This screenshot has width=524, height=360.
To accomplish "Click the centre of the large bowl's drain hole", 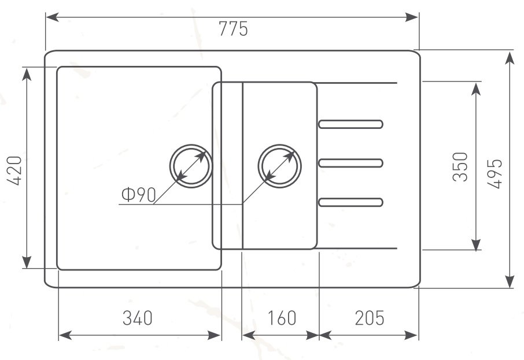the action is coord(191,166).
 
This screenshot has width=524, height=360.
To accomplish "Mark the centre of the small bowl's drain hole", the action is coord(280,166).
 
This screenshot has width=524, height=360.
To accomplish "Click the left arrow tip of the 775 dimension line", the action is coord(46,17).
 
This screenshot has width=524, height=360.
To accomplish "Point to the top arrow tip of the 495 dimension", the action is coord(510,53).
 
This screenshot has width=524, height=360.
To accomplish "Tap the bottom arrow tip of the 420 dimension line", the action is coord(27,268).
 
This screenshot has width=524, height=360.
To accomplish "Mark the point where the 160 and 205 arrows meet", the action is coord(319,335).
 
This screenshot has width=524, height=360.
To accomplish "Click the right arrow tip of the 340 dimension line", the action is coord(222,335).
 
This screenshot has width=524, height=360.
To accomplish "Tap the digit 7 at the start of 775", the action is coord(223,28).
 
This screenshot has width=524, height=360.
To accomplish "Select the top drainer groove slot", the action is coord(350,124).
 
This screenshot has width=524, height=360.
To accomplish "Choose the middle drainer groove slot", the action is coord(350,164).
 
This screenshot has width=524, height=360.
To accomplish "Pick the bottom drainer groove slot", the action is coord(350,202).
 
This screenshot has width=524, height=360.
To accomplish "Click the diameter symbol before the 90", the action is coord(128,195).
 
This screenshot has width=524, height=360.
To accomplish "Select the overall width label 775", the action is coord(233,28).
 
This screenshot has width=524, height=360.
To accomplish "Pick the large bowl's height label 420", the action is coord(14,170).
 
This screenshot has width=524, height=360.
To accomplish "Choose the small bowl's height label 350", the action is coord(460,166).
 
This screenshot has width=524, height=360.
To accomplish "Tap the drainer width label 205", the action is coord(369,318).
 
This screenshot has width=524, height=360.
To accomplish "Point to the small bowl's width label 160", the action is coord(282,318).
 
